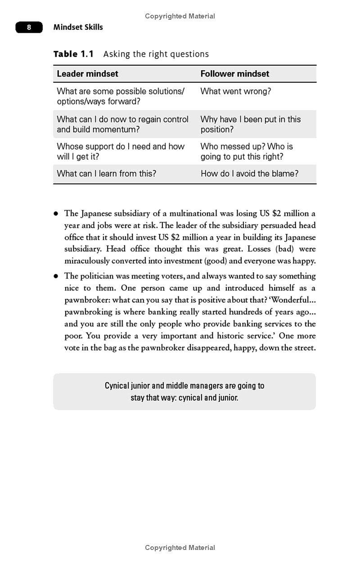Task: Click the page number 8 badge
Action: (29, 27)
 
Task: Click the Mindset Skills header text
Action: (78, 27)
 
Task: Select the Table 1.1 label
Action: (73, 54)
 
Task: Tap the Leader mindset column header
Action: (87, 74)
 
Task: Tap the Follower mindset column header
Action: (234, 74)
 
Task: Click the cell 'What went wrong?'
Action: (235, 91)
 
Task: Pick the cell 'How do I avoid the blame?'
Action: (249, 174)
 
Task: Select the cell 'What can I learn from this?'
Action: (106, 174)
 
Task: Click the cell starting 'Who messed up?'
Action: (246, 152)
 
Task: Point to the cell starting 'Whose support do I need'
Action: (120, 152)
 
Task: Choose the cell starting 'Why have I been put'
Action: (250, 124)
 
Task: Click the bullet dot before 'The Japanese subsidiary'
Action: (56, 214)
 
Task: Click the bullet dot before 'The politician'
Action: (56, 276)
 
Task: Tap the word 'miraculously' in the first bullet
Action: (87, 261)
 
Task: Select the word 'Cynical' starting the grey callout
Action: (117, 386)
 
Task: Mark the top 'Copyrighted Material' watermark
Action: (180, 16)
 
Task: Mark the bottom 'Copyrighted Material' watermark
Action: (180, 548)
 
